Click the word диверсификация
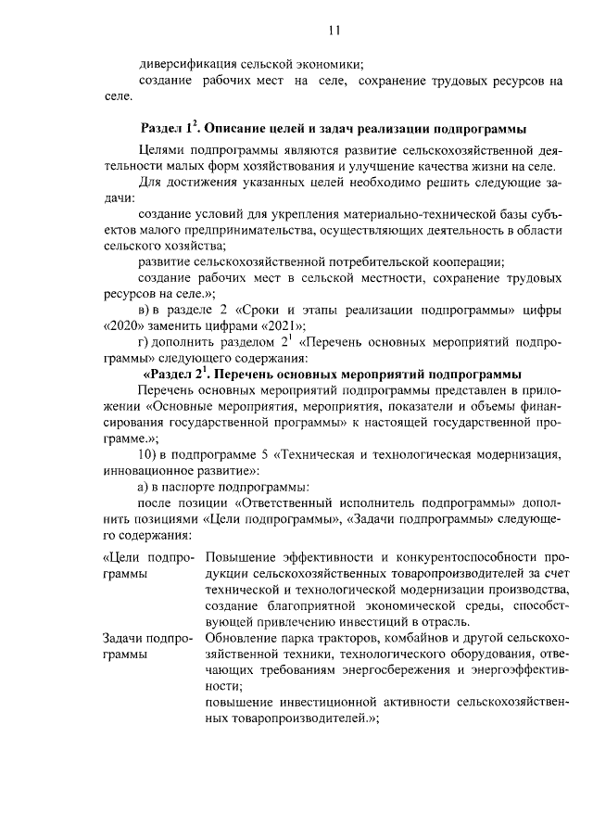pos(186,65)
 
